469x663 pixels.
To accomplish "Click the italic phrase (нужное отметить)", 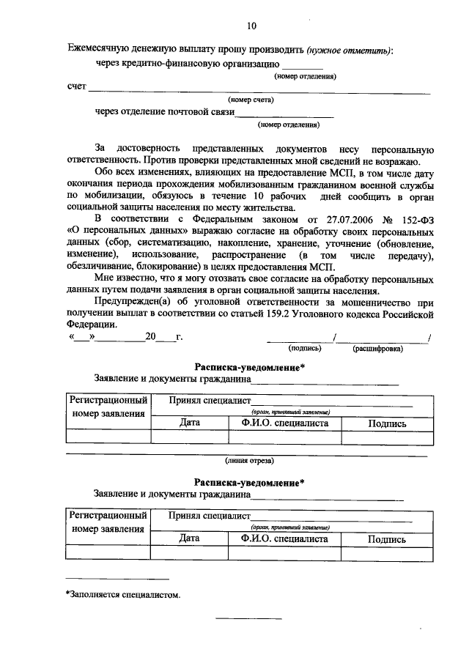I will click(x=350, y=50).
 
